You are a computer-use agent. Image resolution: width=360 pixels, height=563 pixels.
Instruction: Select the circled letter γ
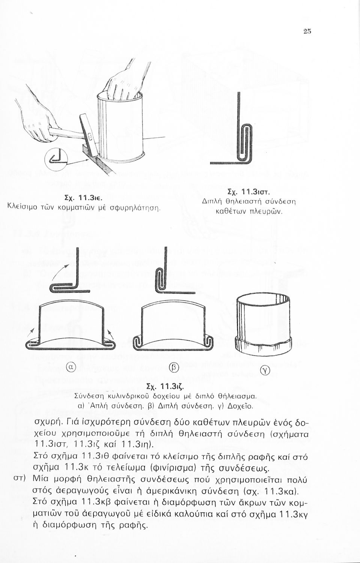point(265,371)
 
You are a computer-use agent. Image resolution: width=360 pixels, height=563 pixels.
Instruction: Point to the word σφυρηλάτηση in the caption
point(136,206)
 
